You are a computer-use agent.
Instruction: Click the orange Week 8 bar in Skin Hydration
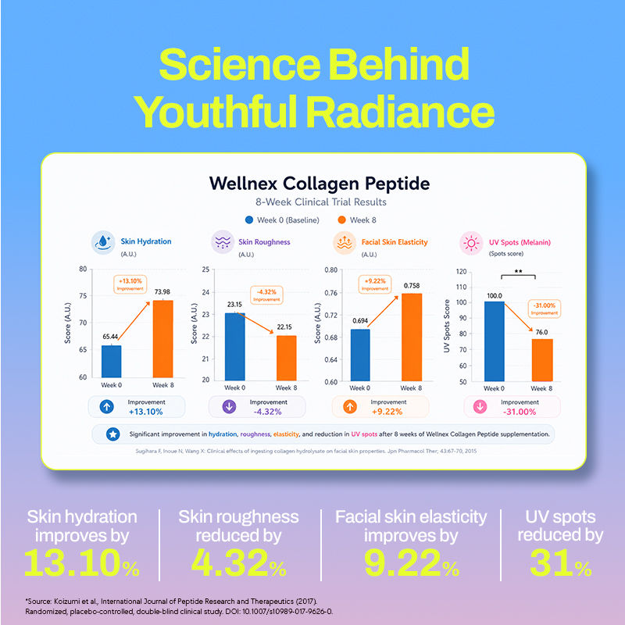coord(163,339)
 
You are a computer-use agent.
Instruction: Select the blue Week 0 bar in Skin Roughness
coord(235,347)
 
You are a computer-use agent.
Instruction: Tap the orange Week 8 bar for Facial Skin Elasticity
coord(412,337)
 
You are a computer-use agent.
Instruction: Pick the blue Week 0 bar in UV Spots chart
coord(495,341)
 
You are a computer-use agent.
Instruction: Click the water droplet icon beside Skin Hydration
coord(103,242)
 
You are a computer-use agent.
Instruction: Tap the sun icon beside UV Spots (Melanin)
coord(471,243)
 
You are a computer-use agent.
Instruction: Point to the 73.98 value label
coord(162,291)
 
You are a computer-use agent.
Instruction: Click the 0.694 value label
coord(360,320)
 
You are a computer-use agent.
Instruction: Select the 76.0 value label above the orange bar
coord(541,332)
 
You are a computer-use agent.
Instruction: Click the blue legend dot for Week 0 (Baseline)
coord(249,220)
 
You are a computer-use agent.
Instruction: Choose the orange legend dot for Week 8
coord(341,220)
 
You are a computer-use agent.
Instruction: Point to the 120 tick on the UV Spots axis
coord(461,271)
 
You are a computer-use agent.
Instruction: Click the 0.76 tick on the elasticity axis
coord(330,293)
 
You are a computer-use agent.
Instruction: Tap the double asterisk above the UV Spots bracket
coord(518,271)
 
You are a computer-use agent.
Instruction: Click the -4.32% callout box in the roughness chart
coord(266,295)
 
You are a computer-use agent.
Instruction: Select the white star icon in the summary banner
coord(112,434)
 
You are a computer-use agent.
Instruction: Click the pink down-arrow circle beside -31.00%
coord(480,406)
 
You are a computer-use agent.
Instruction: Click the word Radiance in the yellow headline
coord(400,111)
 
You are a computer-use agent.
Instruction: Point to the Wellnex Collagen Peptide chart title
coord(320,184)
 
